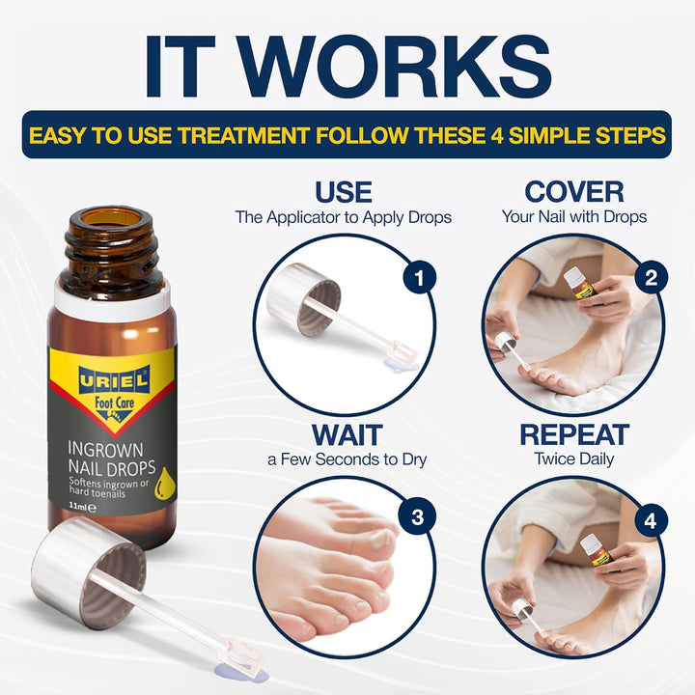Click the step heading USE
tap(343, 191)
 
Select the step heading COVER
tap(573, 191)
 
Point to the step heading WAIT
tap(346, 434)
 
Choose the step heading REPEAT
tap(573, 434)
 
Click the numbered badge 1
tap(417, 279)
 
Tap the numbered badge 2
tap(651, 279)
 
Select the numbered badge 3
tap(417, 517)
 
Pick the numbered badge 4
tap(651, 521)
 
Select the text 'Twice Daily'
tap(573, 459)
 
